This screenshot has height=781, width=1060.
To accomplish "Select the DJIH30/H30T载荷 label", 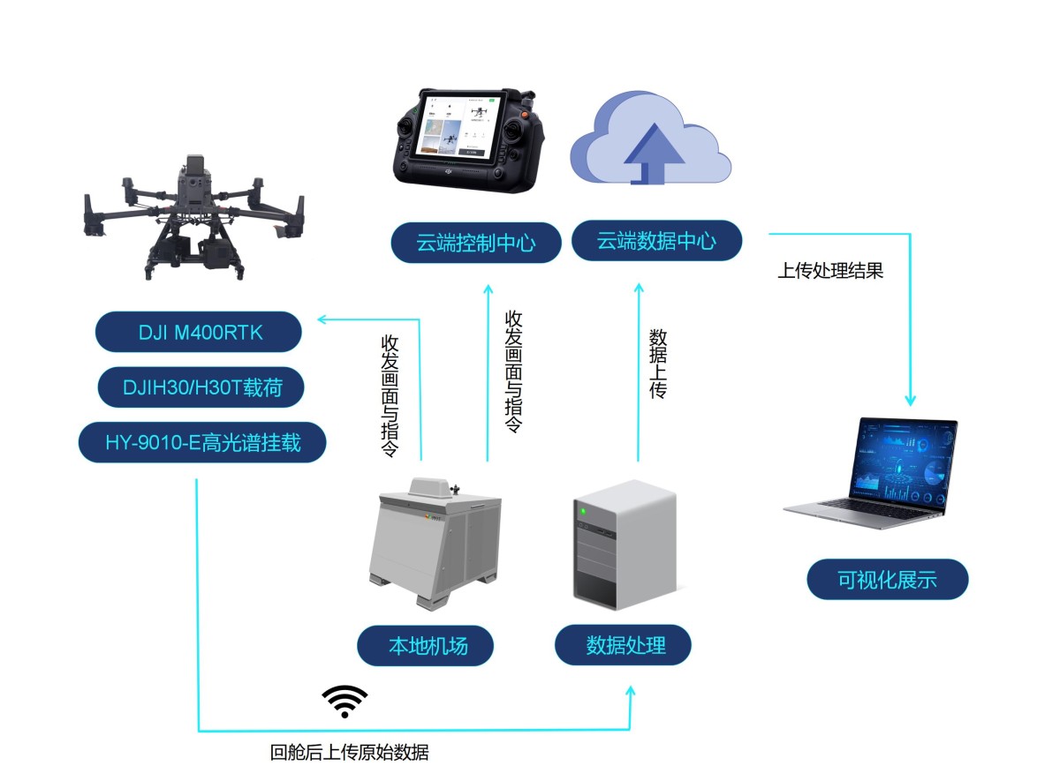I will pos(201,387).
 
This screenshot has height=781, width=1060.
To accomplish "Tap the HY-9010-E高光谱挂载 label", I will pos(202,441).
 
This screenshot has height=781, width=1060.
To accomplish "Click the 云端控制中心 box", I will pos(476,242).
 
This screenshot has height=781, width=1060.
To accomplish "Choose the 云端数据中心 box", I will pos(656,240).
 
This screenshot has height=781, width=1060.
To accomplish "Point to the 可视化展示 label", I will pos(887,580).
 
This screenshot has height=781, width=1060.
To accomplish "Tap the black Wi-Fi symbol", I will pos(344,701).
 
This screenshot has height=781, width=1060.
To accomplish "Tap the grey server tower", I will pos(624,544).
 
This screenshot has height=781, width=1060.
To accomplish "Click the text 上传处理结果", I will pos(829,271).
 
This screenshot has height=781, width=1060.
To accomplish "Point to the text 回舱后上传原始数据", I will pos(350,753).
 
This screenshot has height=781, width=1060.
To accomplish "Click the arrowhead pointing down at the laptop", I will pos(911,399).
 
